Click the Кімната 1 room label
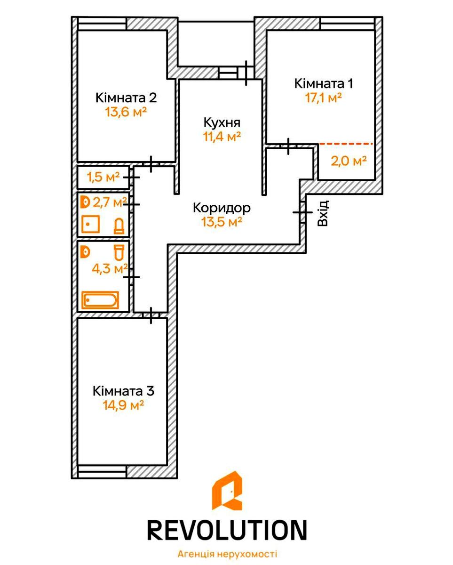[x=324, y=83]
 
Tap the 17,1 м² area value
[x=323, y=98]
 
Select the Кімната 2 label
[x=126, y=98]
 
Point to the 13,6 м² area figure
[x=126, y=112]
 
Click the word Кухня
[x=222, y=123]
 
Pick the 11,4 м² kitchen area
[x=222, y=137]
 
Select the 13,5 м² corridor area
[x=222, y=222]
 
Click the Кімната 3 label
[x=124, y=391]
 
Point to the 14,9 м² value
[x=123, y=405]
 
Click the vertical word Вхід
[x=323, y=213]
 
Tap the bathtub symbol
[x=100, y=299]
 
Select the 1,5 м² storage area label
[x=103, y=177]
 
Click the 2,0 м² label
[x=349, y=161]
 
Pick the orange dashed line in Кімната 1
[x=346, y=144]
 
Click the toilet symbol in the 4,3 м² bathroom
[x=119, y=252]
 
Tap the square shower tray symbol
[x=90, y=224]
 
